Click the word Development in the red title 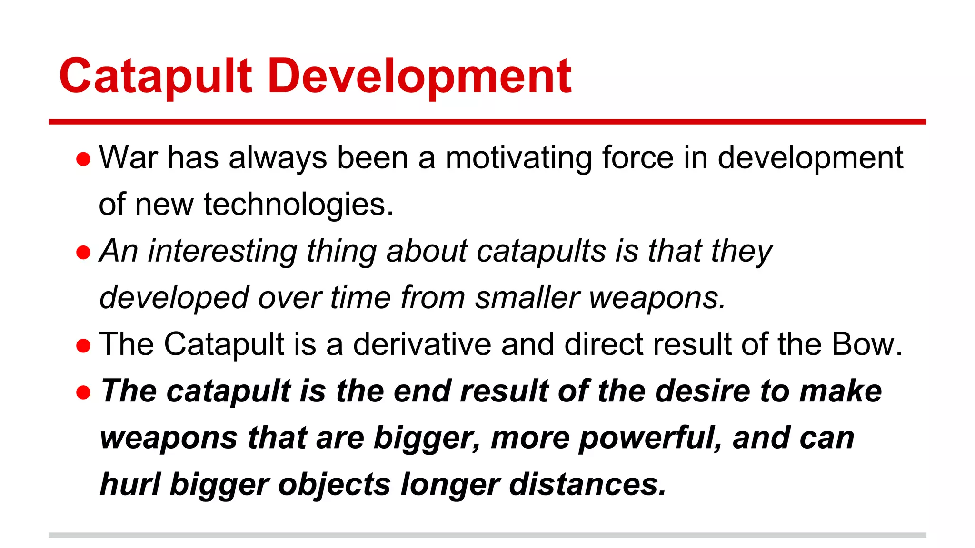(419, 76)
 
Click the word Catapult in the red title (155, 76)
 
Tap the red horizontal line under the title (487, 122)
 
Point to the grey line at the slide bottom (487, 535)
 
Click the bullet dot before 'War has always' (83, 159)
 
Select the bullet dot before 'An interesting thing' (83, 253)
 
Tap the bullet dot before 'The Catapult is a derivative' (83, 346)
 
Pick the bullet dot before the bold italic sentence (83, 392)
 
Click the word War (128, 157)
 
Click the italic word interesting (222, 251)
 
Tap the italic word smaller (527, 298)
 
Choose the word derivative (422, 344)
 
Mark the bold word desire (703, 391)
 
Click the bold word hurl (130, 484)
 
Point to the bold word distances (587, 484)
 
